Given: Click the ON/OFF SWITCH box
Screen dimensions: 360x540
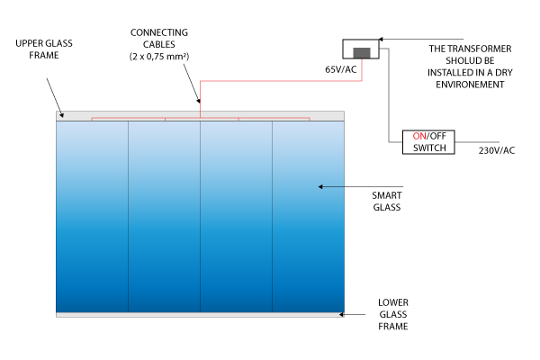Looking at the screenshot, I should (428, 141).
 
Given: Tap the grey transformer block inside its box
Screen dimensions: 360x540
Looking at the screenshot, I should (360, 51).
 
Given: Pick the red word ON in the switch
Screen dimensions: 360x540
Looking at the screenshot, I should (418, 135).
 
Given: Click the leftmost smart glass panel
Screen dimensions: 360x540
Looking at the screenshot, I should (93, 216).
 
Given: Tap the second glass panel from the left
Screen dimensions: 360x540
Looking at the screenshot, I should (164, 216).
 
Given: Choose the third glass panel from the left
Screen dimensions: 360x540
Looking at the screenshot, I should (236, 216).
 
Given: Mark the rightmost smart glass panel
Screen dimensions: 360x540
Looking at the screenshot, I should (308, 216).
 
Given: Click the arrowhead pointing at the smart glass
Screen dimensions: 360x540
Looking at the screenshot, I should (319, 187).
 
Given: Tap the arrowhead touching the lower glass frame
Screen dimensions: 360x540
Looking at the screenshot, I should (342, 315).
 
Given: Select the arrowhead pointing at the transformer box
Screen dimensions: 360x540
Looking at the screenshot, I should (380, 39).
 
